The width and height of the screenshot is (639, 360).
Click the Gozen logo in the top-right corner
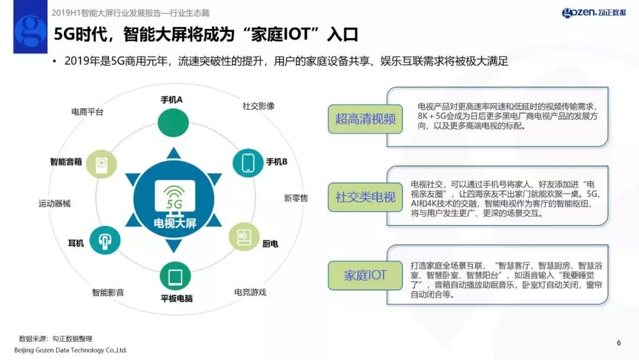[x=593, y=12]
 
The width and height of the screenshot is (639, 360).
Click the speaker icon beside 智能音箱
[x=101, y=163]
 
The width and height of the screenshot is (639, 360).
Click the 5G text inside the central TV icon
[x=175, y=204]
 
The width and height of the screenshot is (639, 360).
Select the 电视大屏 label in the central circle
[x=174, y=223]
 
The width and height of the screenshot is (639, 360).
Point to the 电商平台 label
[x=87, y=111]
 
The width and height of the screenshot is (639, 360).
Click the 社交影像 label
[x=258, y=106]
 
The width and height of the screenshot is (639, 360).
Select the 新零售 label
[x=296, y=198]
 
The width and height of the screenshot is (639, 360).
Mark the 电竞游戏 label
[x=250, y=292]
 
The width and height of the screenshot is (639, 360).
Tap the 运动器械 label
[x=54, y=203]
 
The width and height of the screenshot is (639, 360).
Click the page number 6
[x=619, y=343]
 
